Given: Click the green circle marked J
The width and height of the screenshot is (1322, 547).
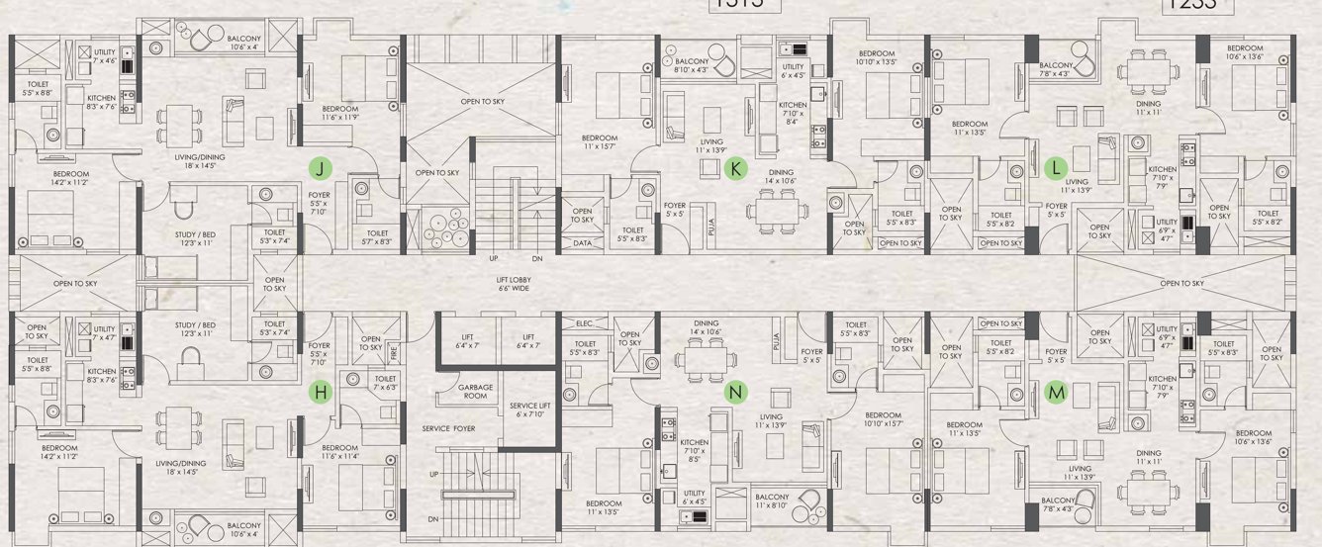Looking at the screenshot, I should [320, 167].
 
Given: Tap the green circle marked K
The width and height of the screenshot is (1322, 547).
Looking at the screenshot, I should [734, 168].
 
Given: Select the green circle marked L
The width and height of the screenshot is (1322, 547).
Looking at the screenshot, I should [1056, 166].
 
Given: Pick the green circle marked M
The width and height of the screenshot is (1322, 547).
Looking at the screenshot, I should [1057, 393].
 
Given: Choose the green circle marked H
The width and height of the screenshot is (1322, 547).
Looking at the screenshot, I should [320, 393].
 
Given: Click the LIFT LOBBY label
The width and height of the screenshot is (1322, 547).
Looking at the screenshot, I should [518, 285].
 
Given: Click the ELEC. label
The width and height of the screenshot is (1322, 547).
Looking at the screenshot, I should [583, 322].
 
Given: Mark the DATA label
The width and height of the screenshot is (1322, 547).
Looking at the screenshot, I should [583, 242].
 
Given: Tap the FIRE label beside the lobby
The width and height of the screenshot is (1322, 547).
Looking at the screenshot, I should [392, 350].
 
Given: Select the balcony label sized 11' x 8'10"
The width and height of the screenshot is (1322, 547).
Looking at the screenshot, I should [772, 501].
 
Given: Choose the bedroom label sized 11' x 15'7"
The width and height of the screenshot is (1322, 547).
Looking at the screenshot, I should [599, 142].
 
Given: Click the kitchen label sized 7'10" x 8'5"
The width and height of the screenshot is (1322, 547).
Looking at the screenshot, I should [694, 451].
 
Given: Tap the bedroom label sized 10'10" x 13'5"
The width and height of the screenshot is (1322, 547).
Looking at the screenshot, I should [877, 57].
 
